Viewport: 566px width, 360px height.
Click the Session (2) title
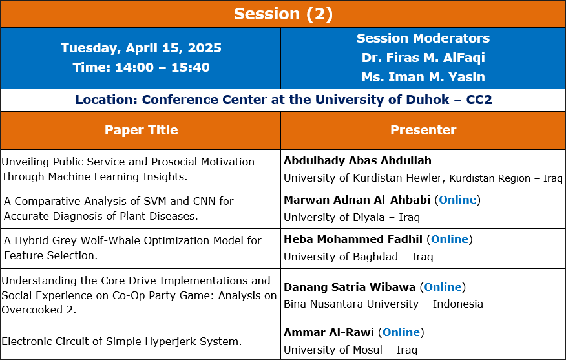[283, 14]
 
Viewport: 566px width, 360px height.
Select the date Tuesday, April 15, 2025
[141, 48]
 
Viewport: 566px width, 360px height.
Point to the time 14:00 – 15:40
[162, 67]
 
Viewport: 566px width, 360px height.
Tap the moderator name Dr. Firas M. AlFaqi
[423, 58]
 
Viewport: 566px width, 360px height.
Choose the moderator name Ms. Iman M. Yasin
[423, 77]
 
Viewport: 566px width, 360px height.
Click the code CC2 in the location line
[479, 100]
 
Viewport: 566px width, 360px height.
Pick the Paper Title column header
[141, 130]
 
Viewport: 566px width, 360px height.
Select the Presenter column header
[423, 130]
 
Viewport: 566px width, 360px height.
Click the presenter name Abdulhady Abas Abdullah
[357, 160]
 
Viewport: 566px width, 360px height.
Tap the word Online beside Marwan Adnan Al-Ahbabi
[457, 200]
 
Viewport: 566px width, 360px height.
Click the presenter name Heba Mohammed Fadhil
[353, 239]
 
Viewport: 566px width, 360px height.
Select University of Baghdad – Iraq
[358, 257]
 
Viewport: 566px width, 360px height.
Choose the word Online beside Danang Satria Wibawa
[443, 287]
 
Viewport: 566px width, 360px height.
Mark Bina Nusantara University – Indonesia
[383, 304]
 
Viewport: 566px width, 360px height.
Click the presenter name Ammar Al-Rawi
[329, 332]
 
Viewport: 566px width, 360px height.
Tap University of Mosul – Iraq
[350, 350]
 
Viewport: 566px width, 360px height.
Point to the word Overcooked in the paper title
[32, 310]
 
